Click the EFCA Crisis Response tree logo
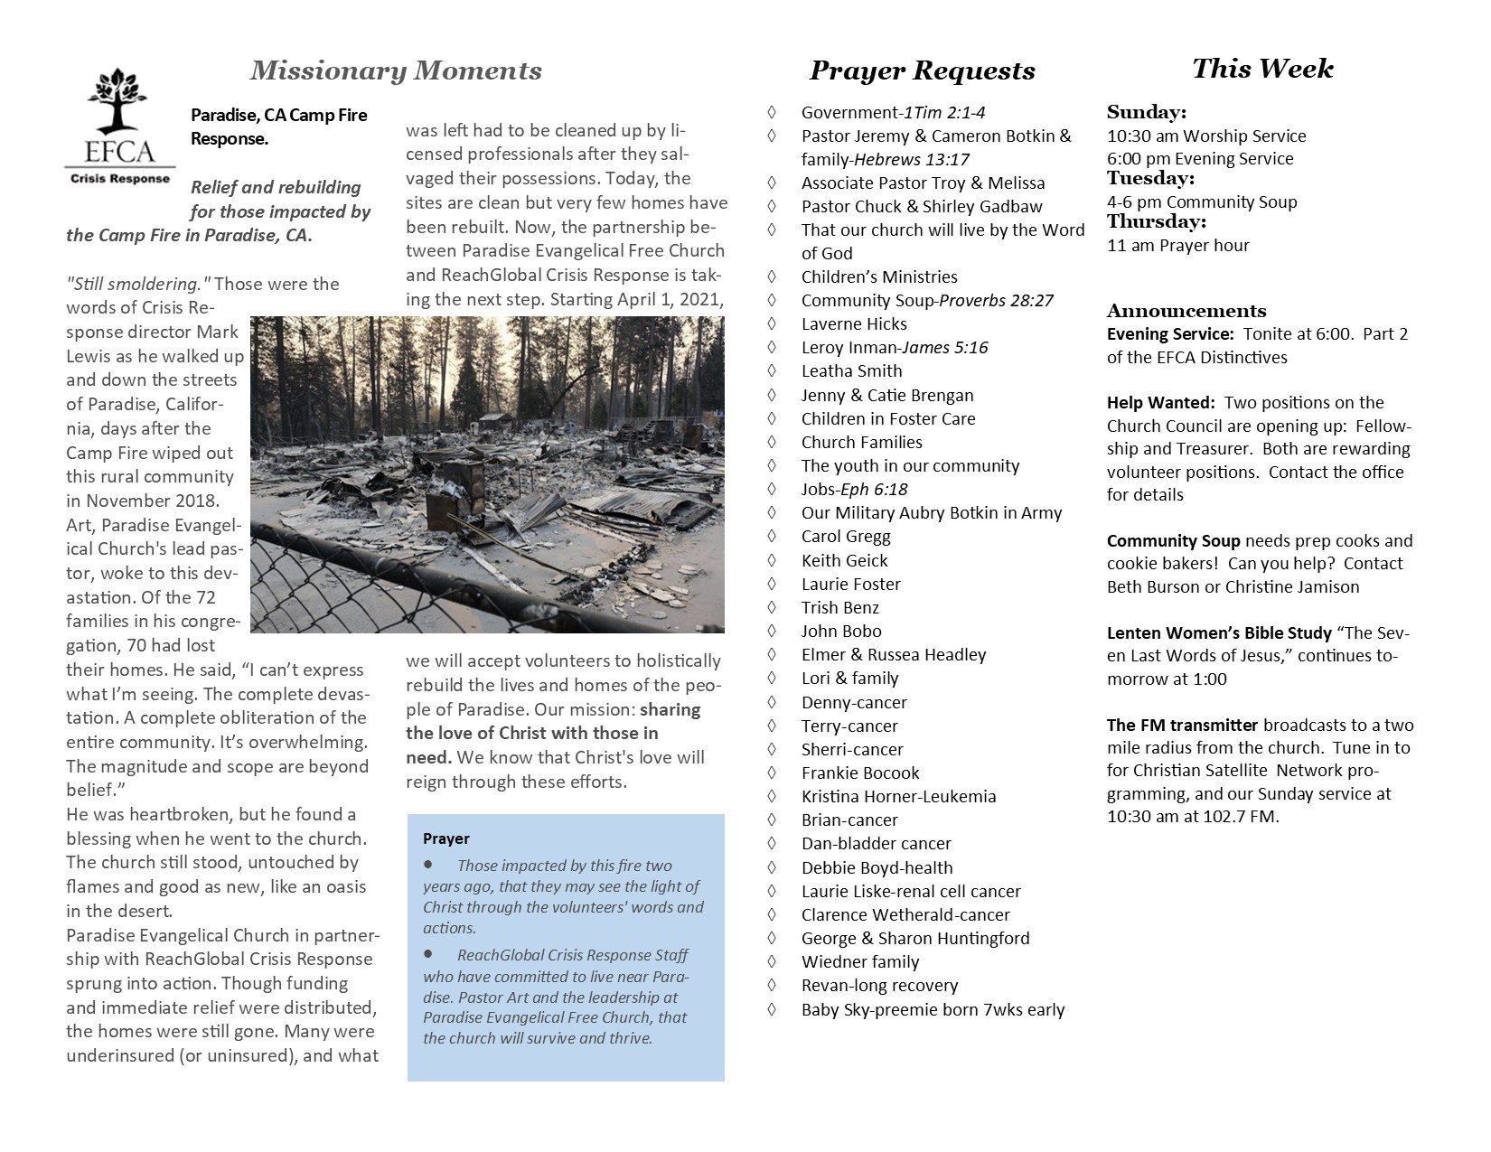point(119,126)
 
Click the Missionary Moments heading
point(396,70)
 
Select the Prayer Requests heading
point(922,70)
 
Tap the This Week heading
point(1262,69)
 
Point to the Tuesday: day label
point(1150,178)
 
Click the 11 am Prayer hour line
point(1177,245)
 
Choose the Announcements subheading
point(1186,311)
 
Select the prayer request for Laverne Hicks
point(854,323)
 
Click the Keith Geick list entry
point(844,560)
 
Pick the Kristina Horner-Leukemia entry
point(898,796)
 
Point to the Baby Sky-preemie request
point(933,1009)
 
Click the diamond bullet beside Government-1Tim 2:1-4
point(771,112)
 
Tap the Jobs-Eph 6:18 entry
point(854,489)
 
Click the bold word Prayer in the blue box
point(446,838)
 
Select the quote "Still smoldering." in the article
point(138,284)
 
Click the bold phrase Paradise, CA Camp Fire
point(278,116)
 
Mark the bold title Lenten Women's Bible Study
point(1219,632)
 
